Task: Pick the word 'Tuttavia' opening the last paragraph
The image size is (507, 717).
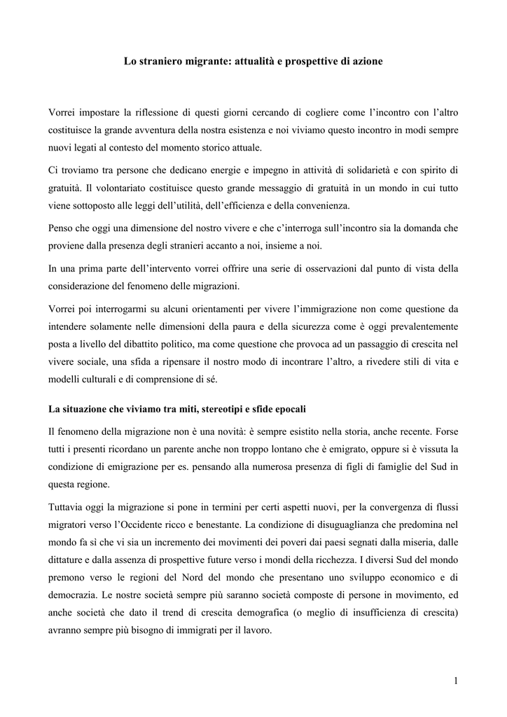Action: coord(68,506)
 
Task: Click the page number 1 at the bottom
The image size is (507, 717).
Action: coord(456,681)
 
